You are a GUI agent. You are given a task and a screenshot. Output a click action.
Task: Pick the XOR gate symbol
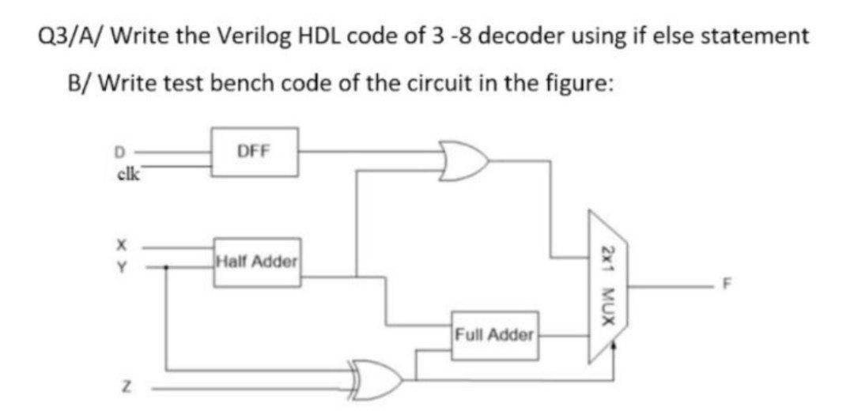(x=378, y=373)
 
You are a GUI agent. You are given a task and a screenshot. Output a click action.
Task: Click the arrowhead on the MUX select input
(x=614, y=345)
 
